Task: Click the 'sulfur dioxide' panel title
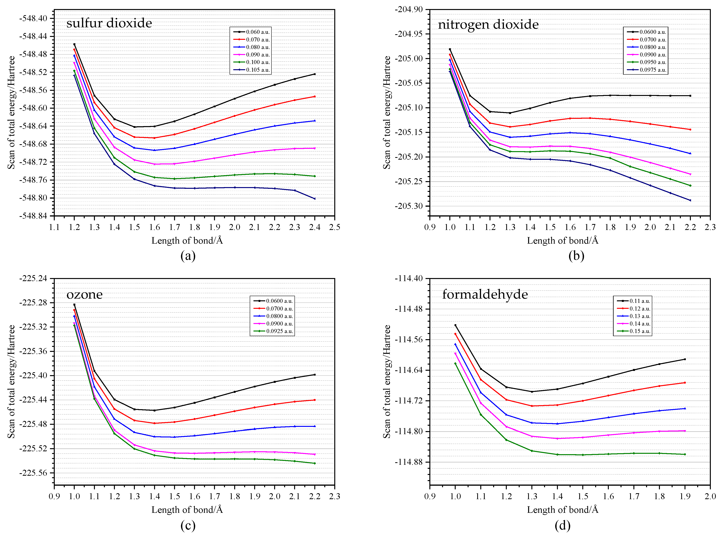pyautogui.click(x=109, y=23)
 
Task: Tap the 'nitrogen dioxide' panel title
pyautogui.click(x=488, y=24)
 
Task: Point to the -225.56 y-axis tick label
pyautogui.click(x=33, y=473)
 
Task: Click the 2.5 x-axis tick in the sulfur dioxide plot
pyautogui.click(x=334, y=227)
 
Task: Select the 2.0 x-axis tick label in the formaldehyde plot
pyautogui.click(x=710, y=496)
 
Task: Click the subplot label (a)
pyautogui.click(x=188, y=256)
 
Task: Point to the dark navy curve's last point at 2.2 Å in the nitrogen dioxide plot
pyautogui.click(x=690, y=200)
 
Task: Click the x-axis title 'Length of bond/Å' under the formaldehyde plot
pyautogui.click(x=563, y=510)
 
